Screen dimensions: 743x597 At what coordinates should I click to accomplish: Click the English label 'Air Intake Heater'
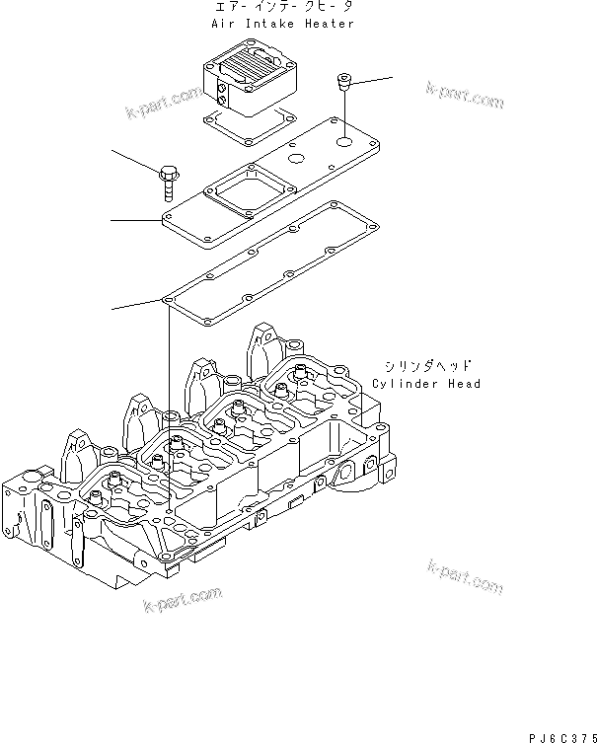point(282,23)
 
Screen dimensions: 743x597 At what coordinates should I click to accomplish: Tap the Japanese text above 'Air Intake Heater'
point(282,8)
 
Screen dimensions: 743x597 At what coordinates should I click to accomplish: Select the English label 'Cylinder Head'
point(426,383)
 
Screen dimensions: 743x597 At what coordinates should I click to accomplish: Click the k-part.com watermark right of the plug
point(464,96)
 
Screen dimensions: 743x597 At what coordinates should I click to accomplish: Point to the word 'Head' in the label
point(464,383)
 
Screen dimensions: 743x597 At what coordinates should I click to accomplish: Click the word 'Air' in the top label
point(221,23)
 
